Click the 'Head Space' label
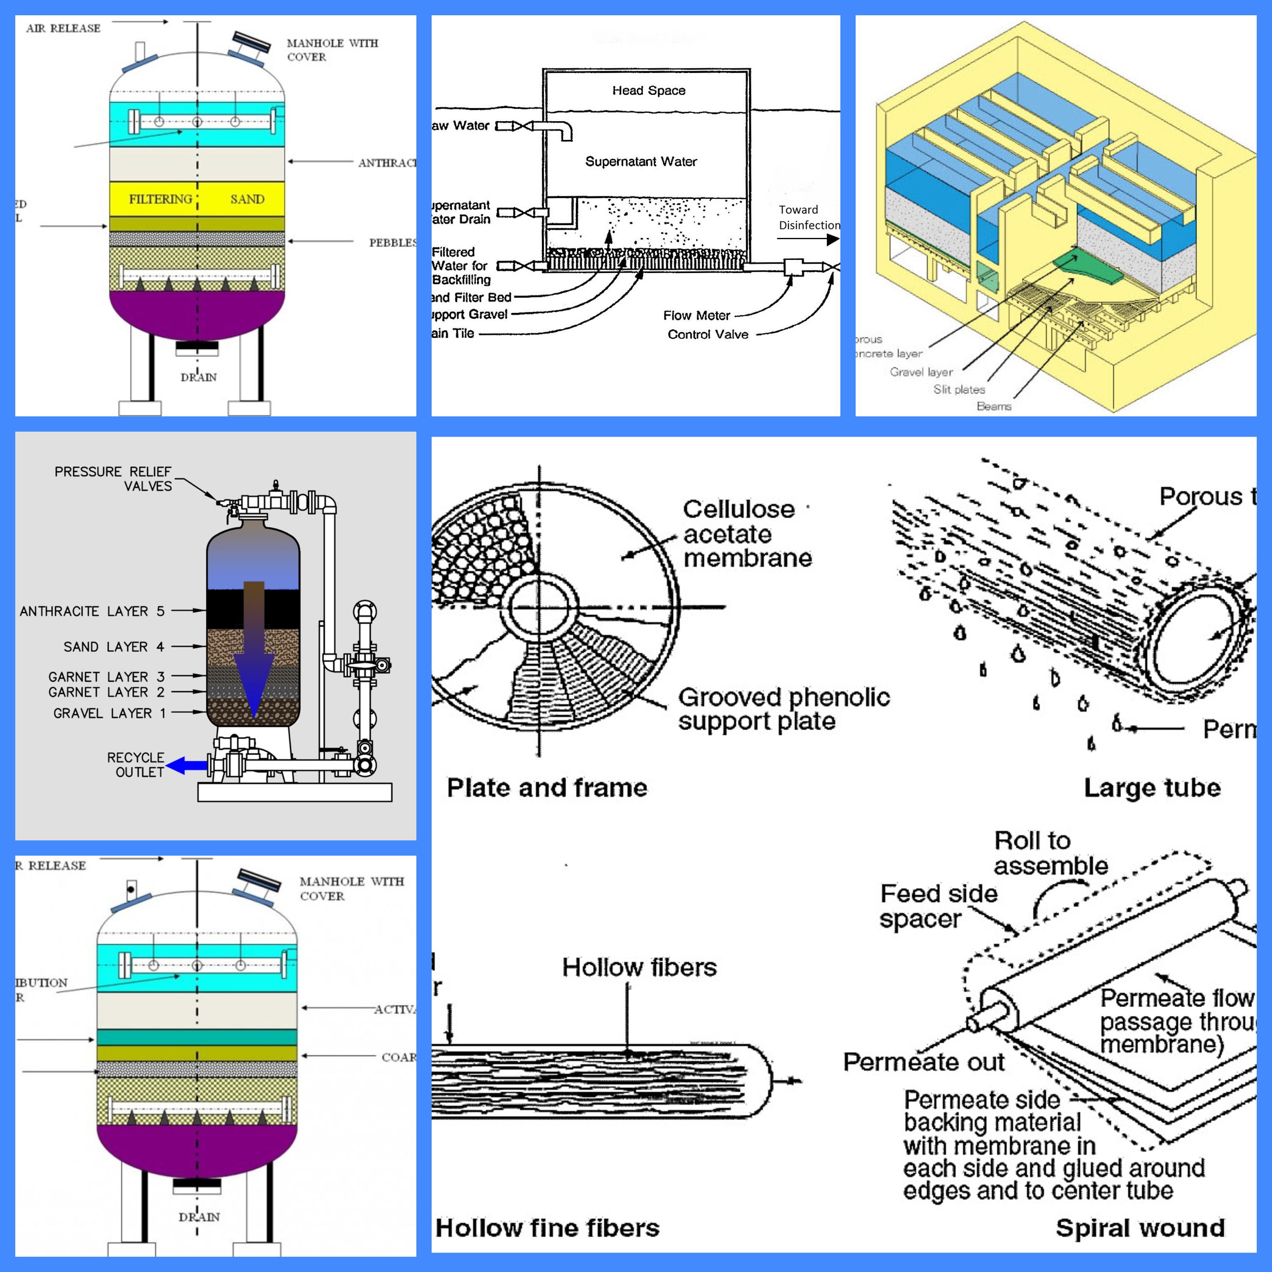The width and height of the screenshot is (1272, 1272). [x=649, y=90]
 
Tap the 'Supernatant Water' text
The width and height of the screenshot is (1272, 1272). [x=641, y=161]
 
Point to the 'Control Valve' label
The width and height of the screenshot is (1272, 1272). [x=708, y=335]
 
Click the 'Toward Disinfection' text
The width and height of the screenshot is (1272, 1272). [x=809, y=217]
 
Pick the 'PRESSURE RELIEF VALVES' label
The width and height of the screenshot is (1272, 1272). [x=113, y=479]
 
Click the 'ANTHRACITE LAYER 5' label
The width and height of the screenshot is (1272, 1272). [x=92, y=611]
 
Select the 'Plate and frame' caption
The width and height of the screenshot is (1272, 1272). [x=547, y=787]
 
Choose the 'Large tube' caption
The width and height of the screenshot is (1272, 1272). [x=1152, y=787]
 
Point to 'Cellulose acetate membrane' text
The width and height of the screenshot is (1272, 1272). [x=747, y=533]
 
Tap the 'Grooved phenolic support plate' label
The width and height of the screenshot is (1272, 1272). [x=784, y=709]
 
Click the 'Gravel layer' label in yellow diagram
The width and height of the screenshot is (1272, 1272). [x=921, y=372]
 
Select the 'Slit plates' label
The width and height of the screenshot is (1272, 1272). [x=959, y=389]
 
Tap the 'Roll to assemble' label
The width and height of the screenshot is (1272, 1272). [x=1050, y=853]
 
